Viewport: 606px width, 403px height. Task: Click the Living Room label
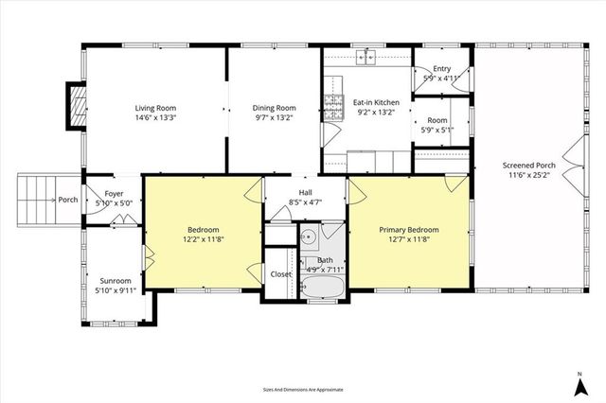(154, 108)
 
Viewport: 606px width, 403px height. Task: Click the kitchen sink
(365, 58)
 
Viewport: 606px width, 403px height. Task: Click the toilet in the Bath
(308, 264)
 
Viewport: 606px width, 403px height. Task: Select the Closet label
(281, 274)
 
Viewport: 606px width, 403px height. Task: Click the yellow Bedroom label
(203, 230)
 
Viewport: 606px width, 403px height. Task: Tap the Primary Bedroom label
(409, 230)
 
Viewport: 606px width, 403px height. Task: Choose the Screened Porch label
(528, 166)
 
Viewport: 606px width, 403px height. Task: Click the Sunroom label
(116, 281)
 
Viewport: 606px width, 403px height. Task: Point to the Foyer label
(115, 193)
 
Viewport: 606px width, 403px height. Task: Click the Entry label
(441, 68)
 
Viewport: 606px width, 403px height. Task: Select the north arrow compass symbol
(577, 383)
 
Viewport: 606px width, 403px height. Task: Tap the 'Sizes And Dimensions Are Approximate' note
(303, 389)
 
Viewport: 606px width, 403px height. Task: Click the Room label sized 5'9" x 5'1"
(437, 120)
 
